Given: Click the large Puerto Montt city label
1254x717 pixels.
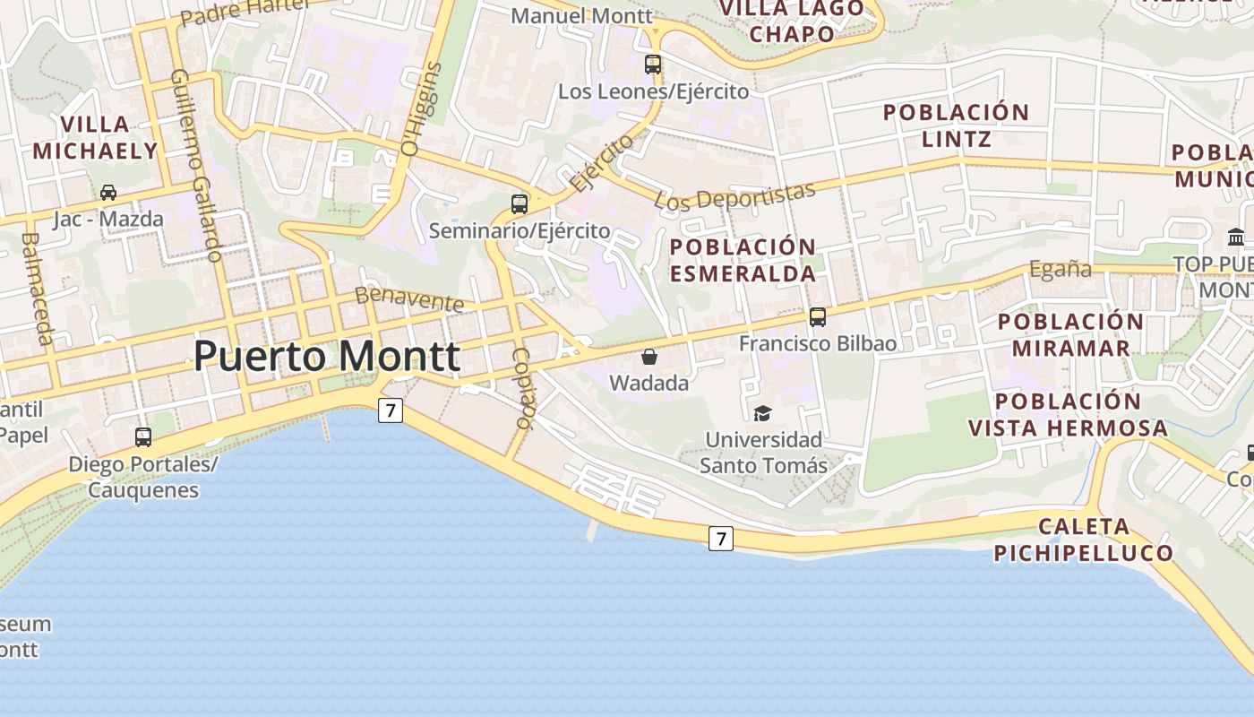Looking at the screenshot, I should pyautogui.click(x=327, y=357).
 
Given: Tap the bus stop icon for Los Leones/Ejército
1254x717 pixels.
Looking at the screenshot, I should pyautogui.click(x=653, y=65).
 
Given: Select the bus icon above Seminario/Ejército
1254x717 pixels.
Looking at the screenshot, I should pyautogui.click(x=520, y=203).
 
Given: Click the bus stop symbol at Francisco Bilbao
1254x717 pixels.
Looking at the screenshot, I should pyautogui.click(x=818, y=316).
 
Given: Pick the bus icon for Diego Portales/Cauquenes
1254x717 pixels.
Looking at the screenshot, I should pyautogui.click(x=143, y=437).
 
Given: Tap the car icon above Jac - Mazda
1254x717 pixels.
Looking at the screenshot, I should pyautogui.click(x=108, y=192).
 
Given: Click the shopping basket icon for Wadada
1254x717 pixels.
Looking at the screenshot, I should pyautogui.click(x=649, y=357).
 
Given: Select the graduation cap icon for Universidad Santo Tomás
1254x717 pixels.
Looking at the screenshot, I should pyautogui.click(x=762, y=413).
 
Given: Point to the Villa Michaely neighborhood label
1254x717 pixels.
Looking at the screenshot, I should pyautogui.click(x=95, y=137).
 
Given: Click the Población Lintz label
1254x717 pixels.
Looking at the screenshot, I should pyautogui.click(x=956, y=125).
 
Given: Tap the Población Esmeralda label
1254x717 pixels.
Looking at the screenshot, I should pyautogui.click(x=743, y=260).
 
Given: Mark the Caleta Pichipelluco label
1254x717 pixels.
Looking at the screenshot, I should pyautogui.click(x=1084, y=539).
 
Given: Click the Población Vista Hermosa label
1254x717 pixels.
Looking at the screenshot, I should pyautogui.click(x=1068, y=414).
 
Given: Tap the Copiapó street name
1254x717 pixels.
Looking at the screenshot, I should pyautogui.click(x=523, y=387).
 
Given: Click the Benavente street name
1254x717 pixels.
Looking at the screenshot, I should pyautogui.click(x=409, y=298).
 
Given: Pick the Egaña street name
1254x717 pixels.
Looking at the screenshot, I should pyautogui.click(x=1061, y=269).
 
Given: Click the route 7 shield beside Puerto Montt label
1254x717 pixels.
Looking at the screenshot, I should pyautogui.click(x=390, y=410).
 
